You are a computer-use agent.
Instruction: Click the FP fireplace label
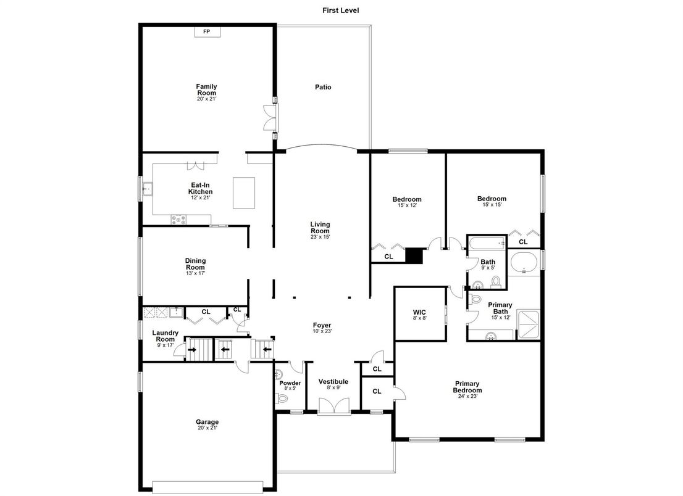coord(206,31)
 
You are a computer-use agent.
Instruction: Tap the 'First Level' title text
coord(341,10)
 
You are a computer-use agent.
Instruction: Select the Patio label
coord(323,87)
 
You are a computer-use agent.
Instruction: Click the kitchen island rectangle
coord(244,192)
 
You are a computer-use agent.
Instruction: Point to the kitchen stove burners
coord(178,220)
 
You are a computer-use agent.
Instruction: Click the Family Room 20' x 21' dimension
coord(206,99)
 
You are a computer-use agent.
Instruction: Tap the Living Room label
coord(320,228)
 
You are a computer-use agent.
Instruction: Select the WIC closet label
coord(419,312)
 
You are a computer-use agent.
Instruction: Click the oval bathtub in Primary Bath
coord(524,262)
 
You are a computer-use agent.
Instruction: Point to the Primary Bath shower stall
coord(528,324)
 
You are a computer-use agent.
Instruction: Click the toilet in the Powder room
coord(282,398)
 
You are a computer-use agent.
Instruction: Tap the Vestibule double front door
coord(334,407)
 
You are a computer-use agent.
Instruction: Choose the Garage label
coord(207,421)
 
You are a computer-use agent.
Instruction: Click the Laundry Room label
coord(165,336)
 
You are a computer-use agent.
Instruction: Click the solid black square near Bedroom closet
coord(414,255)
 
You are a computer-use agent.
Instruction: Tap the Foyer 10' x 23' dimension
coord(322,331)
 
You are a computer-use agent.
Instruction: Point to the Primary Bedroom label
coord(467,387)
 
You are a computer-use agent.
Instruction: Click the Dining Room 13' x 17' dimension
coord(196,273)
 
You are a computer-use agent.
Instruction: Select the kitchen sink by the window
coord(148,189)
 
